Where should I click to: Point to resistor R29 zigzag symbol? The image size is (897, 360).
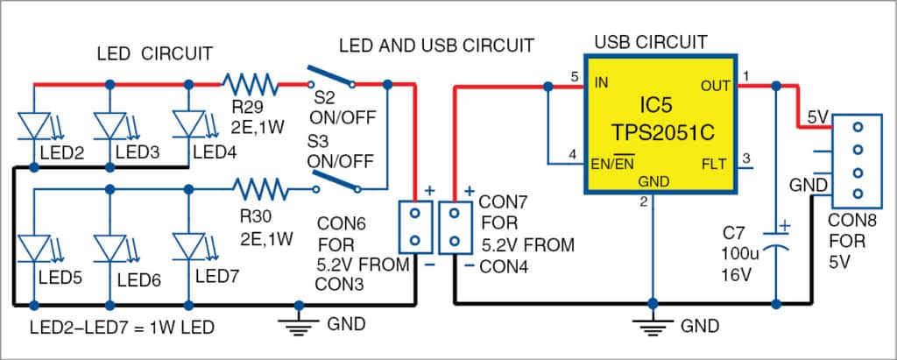pos(251,85)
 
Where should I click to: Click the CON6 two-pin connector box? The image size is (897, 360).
pos(415,227)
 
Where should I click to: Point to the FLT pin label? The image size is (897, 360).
pos(714,163)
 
